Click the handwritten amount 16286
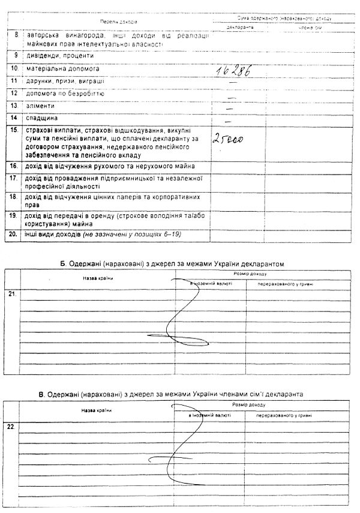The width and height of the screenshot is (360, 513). (x=232, y=70)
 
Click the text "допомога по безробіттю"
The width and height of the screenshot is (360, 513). (x=65, y=93)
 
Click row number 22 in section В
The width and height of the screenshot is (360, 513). (x=11, y=427)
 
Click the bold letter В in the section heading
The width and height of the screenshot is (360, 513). (x=41, y=394)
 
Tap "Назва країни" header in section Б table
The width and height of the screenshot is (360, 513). (x=98, y=277)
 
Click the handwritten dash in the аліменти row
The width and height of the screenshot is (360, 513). (x=229, y=106)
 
